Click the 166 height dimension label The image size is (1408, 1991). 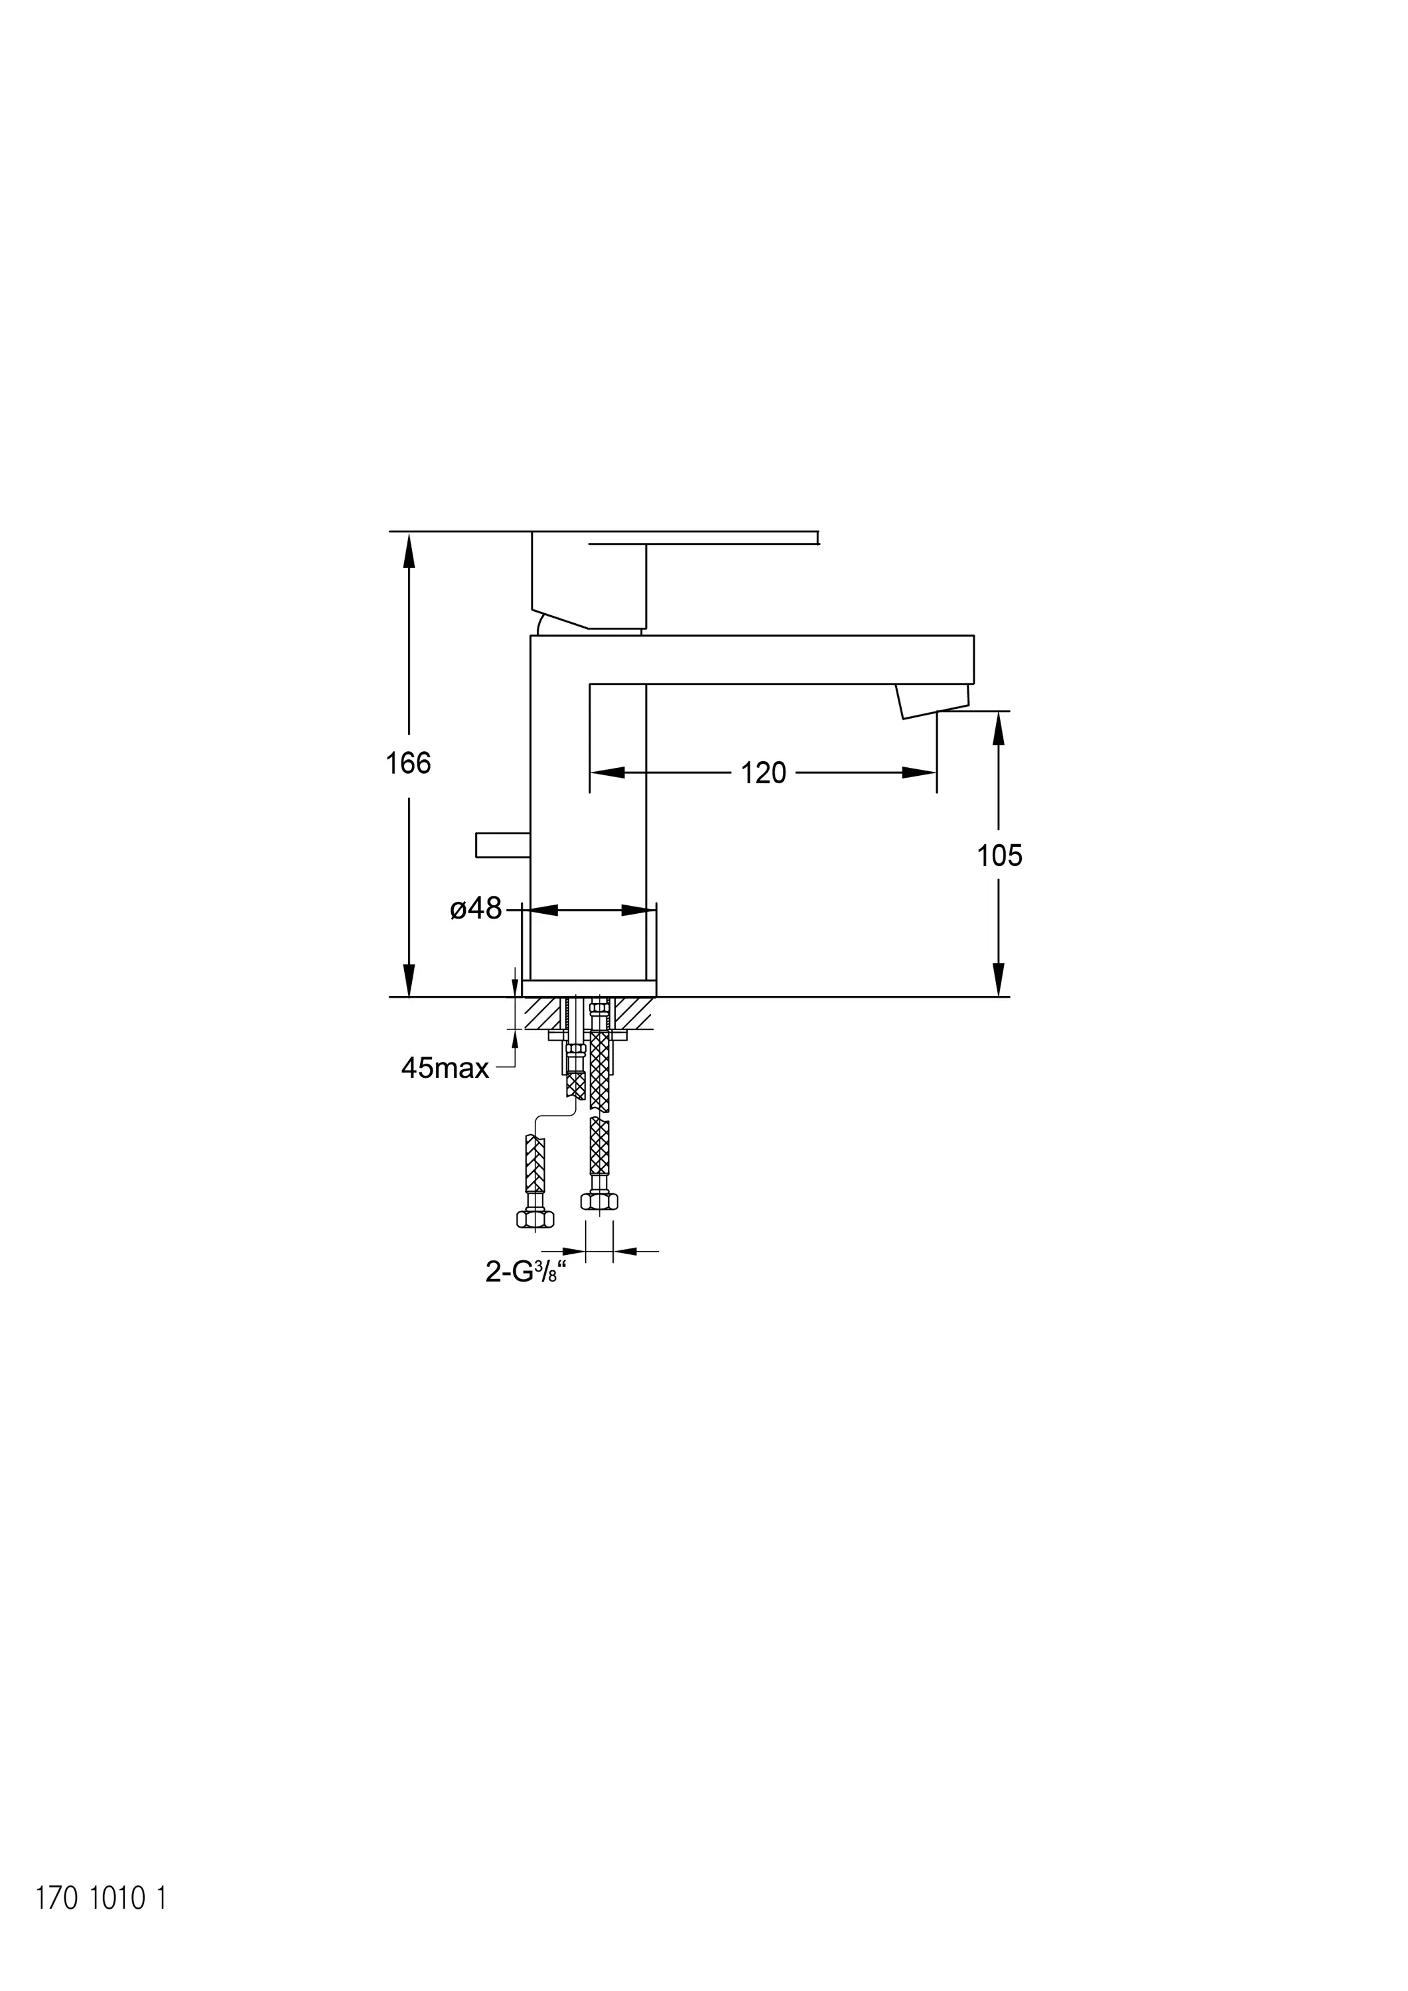tap(408, 763)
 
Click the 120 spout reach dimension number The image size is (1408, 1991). tap(763, 773)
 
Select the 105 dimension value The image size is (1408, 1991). tap(1000, 856)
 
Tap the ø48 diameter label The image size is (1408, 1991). tap(476, 909)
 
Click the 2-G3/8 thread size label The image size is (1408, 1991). tap(526, 1272)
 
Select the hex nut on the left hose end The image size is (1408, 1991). tap(535, 1220)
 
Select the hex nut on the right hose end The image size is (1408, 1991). tap(599, 1201)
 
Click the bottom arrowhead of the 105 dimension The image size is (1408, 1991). tap(999, 980)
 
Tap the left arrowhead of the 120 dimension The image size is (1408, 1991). tap(607, 773)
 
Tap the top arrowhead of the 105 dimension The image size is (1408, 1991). tap(999, 729)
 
